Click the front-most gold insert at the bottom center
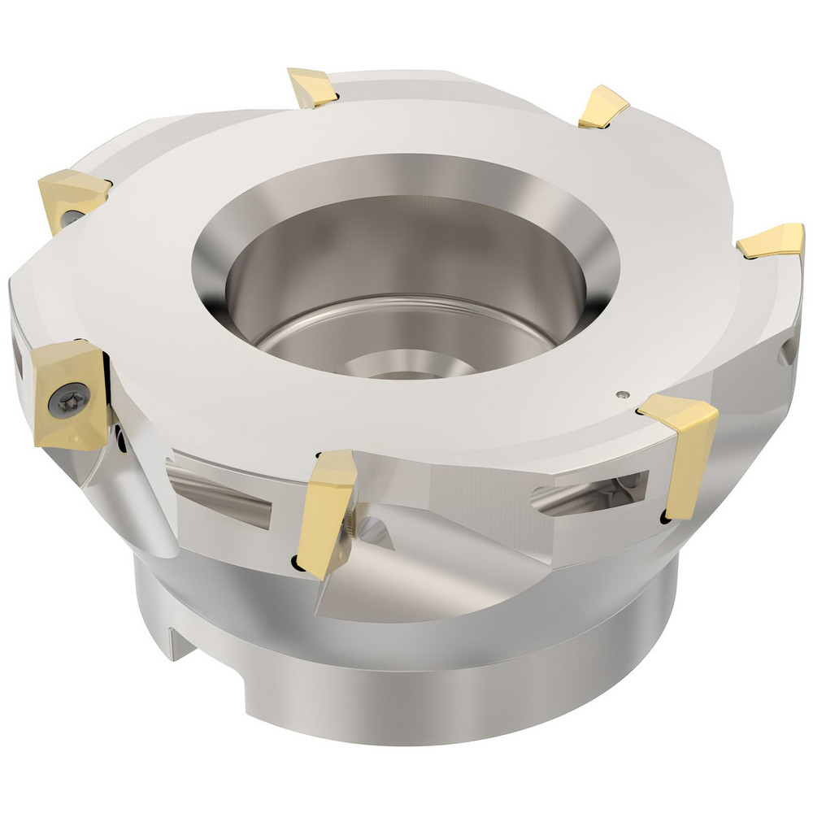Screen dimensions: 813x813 328,511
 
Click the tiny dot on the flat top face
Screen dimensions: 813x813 622,396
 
